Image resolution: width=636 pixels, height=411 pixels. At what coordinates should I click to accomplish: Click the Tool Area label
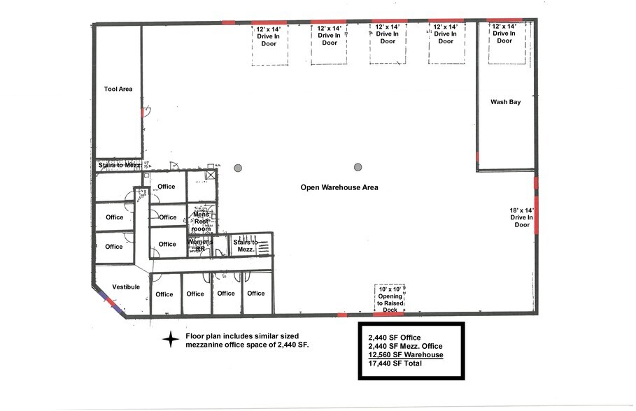click(x=118, y=89)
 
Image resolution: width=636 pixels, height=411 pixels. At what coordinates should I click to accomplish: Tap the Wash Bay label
click(x=505, y=102)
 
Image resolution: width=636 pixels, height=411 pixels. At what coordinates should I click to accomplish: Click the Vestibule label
click(x=126, y=287)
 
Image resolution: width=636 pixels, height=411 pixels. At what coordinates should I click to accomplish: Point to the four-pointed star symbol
click(x=171, y=340)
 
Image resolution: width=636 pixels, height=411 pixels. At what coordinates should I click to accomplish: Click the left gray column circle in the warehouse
click(x=239, y=167)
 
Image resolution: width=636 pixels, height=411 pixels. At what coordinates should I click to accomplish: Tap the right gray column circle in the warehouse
click(x=358, y=167)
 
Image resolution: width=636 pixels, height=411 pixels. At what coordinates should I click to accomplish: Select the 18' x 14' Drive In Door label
click(x=522, y=217)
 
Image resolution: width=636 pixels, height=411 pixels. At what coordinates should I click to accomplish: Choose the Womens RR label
click(x=196, y=245)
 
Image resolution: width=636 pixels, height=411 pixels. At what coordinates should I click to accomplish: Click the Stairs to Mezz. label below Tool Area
click(x=120, y=165)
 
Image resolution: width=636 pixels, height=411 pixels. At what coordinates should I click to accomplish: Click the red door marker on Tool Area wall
click(x=142, y=113)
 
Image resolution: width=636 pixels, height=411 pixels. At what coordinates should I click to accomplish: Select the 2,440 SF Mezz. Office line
click(x=405, y=346)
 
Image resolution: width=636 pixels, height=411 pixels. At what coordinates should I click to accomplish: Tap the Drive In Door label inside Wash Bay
click(x=504, y=33)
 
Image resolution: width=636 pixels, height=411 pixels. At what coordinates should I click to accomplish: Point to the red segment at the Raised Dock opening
click(x=388, y=315)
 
